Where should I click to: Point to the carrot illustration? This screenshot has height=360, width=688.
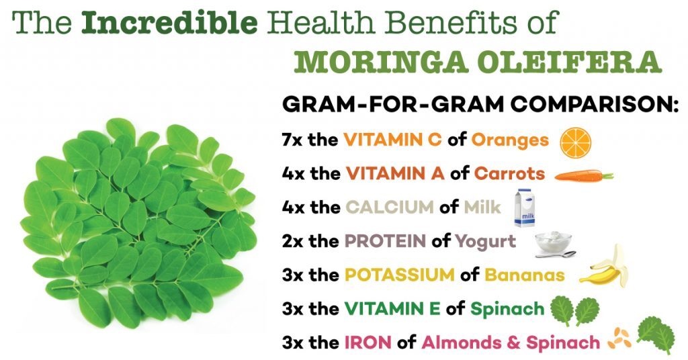click(x=584, y=176)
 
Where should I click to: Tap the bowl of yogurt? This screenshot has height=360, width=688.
click(x=554, y=242)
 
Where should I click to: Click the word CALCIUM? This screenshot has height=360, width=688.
click(x=390, y=208)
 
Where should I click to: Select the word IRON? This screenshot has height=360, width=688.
click(x=368, y=343)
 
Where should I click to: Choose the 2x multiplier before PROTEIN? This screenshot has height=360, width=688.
click(x=293, y=241)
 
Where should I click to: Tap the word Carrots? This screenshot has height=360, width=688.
click(x=510, y=173)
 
